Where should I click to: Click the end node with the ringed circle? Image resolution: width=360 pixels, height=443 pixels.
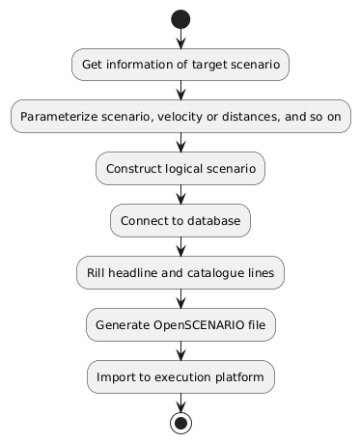click(180, 422)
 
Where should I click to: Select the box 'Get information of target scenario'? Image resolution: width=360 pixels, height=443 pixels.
click(180, 64)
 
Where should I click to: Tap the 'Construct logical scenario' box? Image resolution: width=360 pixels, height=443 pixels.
click(180, 168)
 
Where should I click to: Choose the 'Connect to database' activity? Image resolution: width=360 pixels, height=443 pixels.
click(180, 220)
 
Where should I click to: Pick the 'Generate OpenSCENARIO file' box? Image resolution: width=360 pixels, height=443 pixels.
click(180, 324)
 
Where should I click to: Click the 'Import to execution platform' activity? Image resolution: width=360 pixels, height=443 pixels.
click(180, 376)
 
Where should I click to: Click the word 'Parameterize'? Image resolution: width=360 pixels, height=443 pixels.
click(61, 116)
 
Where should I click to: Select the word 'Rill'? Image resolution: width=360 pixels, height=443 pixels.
click(97, 272)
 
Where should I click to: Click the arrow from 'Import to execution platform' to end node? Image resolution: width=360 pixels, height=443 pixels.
click(180, 401)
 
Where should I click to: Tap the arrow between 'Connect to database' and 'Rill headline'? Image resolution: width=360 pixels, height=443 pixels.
click(180, 246)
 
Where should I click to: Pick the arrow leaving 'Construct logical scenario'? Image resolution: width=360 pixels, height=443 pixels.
click(180, 194)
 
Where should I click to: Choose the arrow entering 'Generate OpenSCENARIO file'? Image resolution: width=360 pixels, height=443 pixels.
click(180, 298)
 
